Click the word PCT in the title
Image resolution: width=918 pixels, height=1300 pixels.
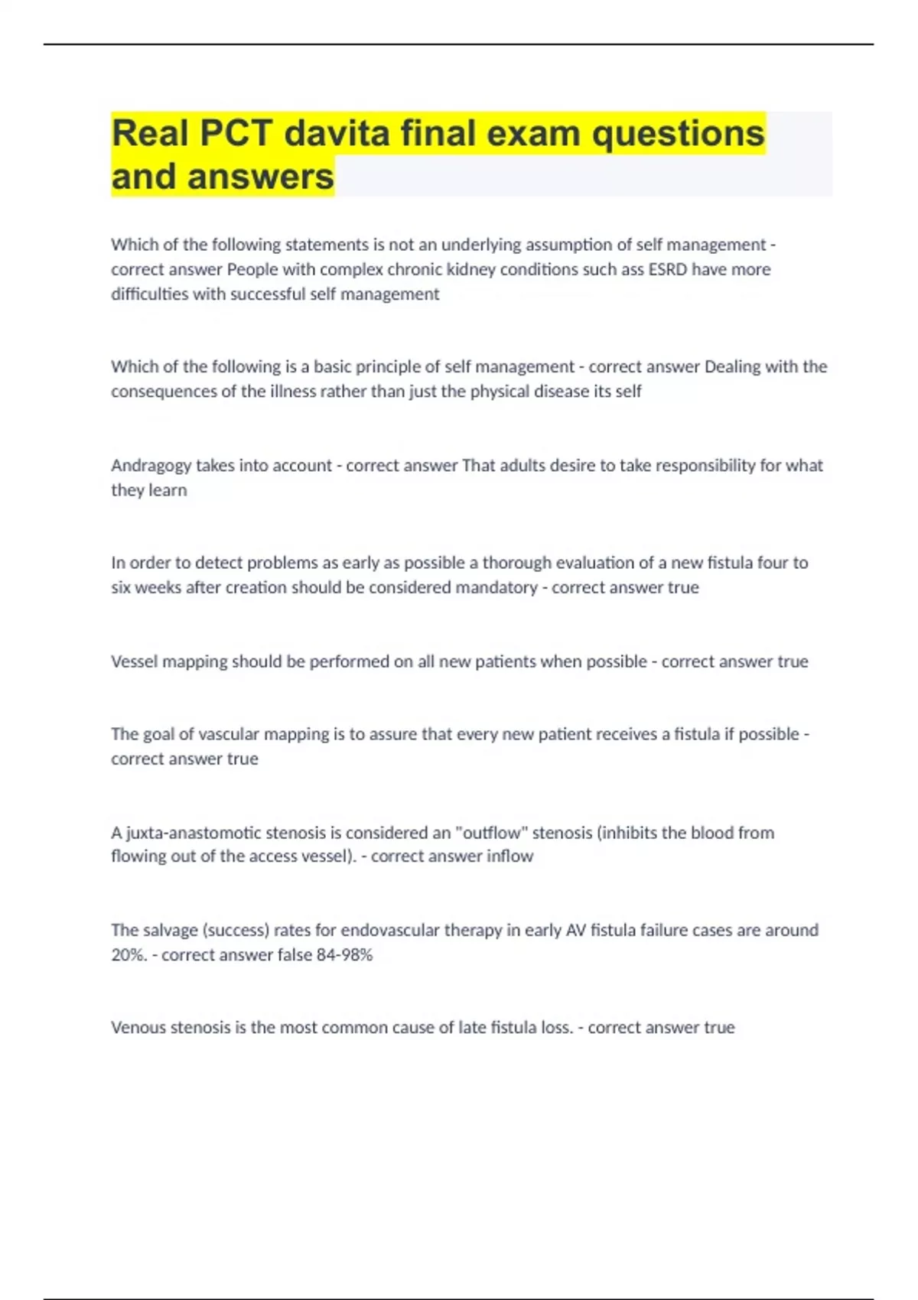[236, 134]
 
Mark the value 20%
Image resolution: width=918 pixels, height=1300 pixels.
[128, 955]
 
